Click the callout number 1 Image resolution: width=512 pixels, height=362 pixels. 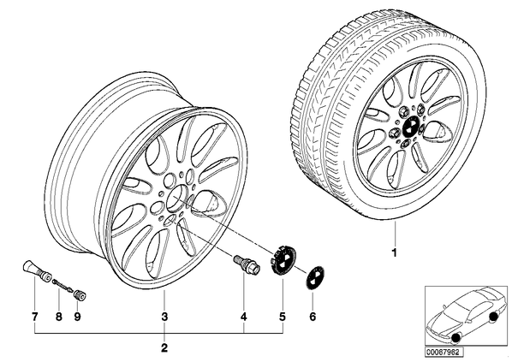[394, 252]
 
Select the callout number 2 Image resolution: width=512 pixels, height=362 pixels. [164, 348]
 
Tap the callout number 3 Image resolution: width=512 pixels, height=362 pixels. [164, 317]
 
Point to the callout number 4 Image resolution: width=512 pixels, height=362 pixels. [244, 317]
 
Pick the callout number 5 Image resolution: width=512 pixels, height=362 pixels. [283, 317]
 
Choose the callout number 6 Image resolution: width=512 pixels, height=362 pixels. [313, 317]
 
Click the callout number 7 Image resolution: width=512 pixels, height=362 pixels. [34, 317]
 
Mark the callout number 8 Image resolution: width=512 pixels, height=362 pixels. [59, 317]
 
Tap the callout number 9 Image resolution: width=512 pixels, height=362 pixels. [77, 317]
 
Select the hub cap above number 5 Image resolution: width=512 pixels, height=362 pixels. [283, 260]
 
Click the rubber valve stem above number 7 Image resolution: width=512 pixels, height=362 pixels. [37, 270]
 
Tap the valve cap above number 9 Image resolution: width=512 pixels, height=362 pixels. [80, 295]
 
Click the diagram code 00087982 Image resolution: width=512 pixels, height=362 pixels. [444, 353]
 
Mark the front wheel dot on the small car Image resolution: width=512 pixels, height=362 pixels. [455, 340]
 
